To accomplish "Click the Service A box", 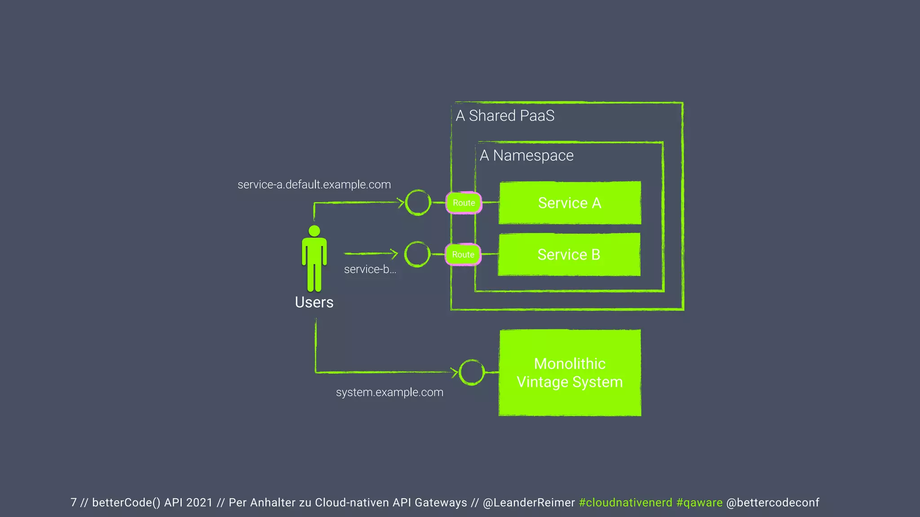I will tap(570, 203).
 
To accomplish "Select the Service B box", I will tap(569, 254).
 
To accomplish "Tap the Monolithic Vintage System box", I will tap(570, 372).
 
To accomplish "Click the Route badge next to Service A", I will tap(464, 203).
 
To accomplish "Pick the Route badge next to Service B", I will tap(463, 254).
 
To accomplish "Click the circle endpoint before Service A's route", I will tap(418, 202).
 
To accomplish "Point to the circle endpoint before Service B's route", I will tap(417, 254).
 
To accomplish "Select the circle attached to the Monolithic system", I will tap(472, 372).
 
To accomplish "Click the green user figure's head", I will tap(314, 231).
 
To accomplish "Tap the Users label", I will tap(314, 302).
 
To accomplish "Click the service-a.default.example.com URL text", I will tap(314, 184).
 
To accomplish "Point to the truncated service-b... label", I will tap(370, 269).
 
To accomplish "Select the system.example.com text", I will tap(389, 392).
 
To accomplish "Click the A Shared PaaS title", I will tap(505, 116).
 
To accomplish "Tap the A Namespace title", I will tap(526, 155).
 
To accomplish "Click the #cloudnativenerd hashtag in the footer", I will tap(625, 503).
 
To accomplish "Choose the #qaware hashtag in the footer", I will tap(699, 503).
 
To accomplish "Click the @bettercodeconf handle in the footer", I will tap(773, 503).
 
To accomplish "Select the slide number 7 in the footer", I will tap(74, 503).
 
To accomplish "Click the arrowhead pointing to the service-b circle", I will tap(394, 254).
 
